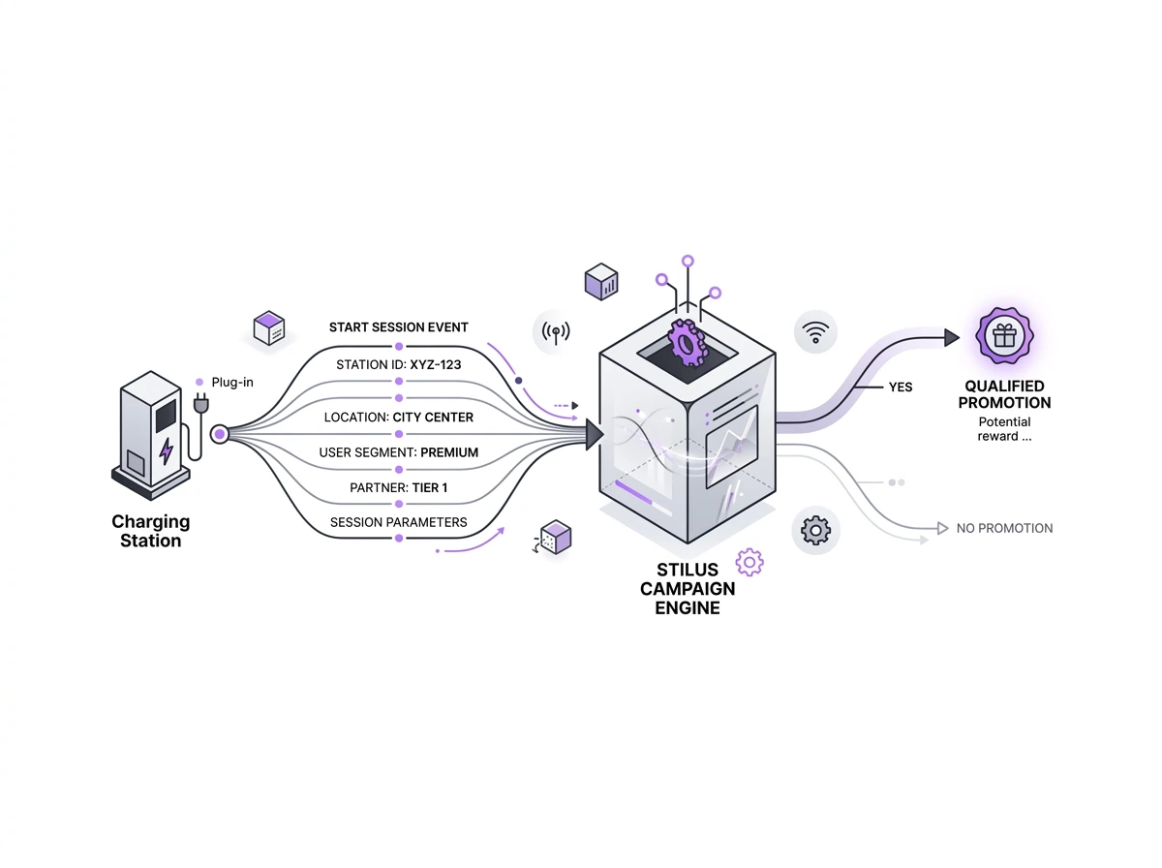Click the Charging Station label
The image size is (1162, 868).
point(150,531)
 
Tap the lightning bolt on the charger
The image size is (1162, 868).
point(166,451)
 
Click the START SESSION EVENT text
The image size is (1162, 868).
point(398,327)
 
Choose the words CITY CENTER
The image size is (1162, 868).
point(433,418)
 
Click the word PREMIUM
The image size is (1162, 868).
point(449,452)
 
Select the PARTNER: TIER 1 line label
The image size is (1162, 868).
point(398,487)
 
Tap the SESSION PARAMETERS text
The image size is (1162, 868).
point(398,522)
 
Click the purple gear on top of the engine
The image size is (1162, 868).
point(687,343)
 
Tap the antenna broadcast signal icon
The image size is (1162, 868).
point(555,332)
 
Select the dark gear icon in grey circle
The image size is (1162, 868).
point(816,530)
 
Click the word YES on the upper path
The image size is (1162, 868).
point(901,387)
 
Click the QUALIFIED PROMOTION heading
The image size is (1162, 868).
point(1005,394)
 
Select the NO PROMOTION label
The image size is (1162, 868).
point(1004,529)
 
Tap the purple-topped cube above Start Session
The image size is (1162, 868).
point(268,328)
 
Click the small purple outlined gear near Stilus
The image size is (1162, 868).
point(749,562)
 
